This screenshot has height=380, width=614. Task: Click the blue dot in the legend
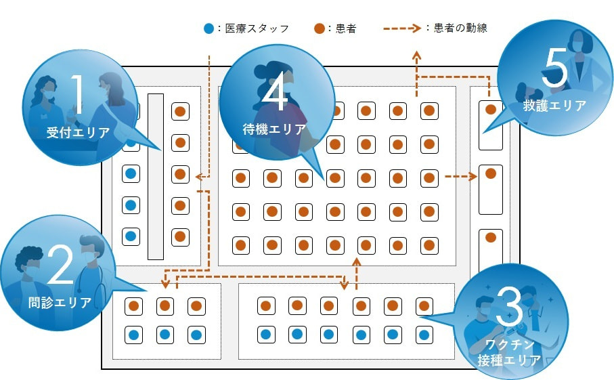(209, 28)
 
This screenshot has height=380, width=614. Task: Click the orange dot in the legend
(319, 28)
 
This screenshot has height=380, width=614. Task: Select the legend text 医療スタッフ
(257, 28)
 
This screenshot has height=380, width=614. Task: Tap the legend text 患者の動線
(459, 28)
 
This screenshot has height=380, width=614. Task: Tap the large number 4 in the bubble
(274, 93)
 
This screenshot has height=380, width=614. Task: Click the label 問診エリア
(60, 303)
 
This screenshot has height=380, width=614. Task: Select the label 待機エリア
(274, 128)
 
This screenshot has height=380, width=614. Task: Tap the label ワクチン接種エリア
(510, 352)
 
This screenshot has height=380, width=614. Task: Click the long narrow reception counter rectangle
(156, 176)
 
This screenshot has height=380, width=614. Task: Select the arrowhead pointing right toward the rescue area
(474, 177)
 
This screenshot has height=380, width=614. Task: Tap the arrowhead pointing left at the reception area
(197, 177)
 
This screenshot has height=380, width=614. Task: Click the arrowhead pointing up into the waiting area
(357, 261)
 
